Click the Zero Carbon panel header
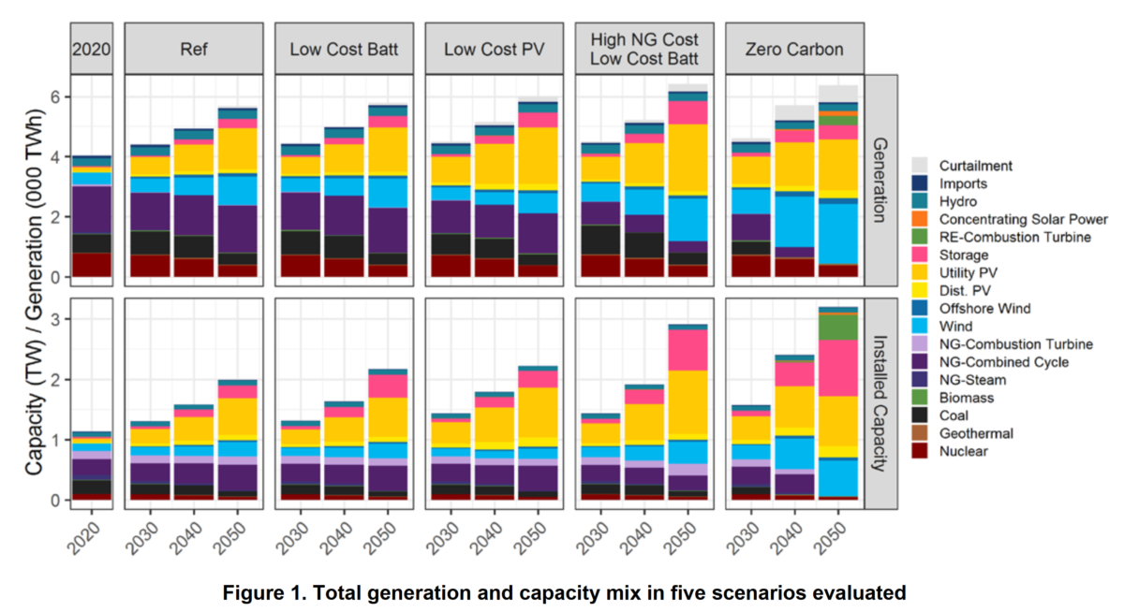pyautogui.click(x=794, y=49)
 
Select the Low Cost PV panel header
pyautogui.click(x=495, y=49)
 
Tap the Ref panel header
pyautogui.click(x=195, y=49)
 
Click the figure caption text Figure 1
pyautogui.click(x=563, y=592)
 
